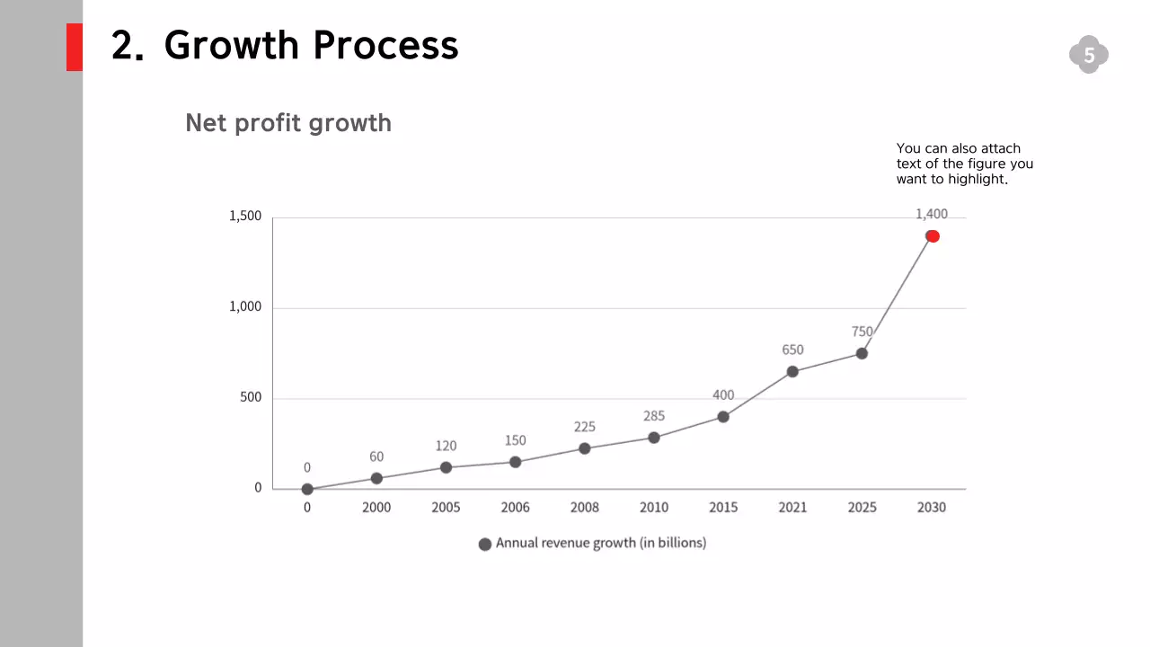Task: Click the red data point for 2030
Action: pyautogui.click(x=933, y=236)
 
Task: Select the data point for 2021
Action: pyautogui.click(x=792, y=371)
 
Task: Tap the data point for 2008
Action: pyautogui.click(x=585, y=448)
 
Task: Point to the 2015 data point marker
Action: pyautogui.click(x=723, y=417)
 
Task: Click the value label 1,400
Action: pyautogui.click(x=932, y=214)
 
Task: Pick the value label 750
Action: pyautogui.click(x=862, y=332)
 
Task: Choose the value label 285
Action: pyautogui.click(x=654, y=416)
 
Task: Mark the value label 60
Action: pyautogui.click(x=376, y=456)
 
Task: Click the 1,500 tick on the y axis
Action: pyautogui.click(x=245, y=217)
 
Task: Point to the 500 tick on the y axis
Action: pyautogui.click(x=251, y=397)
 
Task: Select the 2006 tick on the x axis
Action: pyautogui.click(x=515, y=508)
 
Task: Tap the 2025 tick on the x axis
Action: pyautogui.click(x=862, y=508)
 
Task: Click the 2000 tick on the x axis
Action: pyautogui.click(x=376, y=508)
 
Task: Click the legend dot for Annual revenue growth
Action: pyautogui.click(x=485, y=544)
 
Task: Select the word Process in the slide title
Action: pyautogui.click(x=385, y=45)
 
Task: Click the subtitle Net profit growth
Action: pyautogui.click(x=288, y=123)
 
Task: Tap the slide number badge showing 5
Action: pyautogui.click(x=1089, y=56)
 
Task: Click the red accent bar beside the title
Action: pyautogui.click(x=75, y=47)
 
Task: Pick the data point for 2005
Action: pyautogui.click(x=446, y=467)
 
